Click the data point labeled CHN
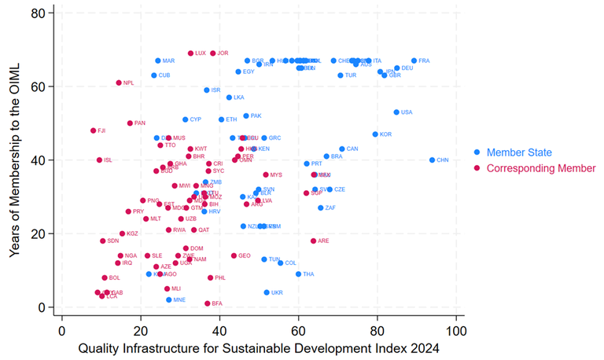tap(432, 160)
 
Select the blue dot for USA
tap(396, 112)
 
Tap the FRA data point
tap(414, 61)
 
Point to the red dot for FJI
tap(93, 130)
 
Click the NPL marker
tap(119, 83)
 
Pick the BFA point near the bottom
tap(208, 303)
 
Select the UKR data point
tap(267, 292)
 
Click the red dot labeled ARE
tap(313, 241)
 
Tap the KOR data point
tap(375, 134)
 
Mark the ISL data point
tap(99, 160)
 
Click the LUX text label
tap(201, 53)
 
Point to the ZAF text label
tap(330, 208)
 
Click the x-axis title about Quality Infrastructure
tap(256, 346)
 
